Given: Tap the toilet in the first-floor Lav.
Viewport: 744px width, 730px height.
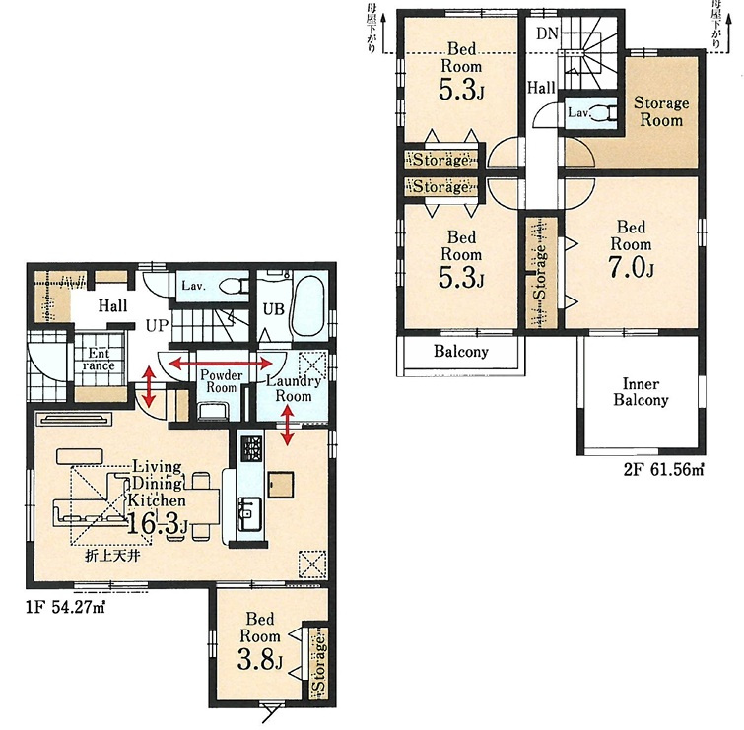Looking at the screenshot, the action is click(x=234, y=287).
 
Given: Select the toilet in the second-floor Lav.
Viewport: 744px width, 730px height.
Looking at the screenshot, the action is click(x=604, y=113).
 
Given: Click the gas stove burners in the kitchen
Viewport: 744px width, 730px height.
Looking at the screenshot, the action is click(x=250, y=448).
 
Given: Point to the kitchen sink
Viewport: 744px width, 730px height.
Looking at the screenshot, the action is click(x=249, y=513).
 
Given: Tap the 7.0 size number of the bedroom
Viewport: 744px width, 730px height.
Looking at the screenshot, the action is click(x=630, y=268).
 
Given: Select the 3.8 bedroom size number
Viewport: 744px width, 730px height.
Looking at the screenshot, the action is click(x=259, y=659).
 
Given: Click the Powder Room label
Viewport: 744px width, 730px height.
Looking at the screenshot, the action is click(x=221, y=381).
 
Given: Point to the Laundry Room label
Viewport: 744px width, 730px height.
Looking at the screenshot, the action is click(x=294, y=388).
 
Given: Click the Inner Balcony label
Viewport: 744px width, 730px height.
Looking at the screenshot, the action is click(x=641, y=392).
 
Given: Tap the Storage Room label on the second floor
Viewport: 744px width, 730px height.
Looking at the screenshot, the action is click(x=661, y=111).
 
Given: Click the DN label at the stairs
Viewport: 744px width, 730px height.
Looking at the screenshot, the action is click(x=547, y=33).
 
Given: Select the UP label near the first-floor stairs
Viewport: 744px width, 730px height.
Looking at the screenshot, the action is click(x=157, y=326).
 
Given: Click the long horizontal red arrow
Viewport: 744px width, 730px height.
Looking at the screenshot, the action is click(x=221, y=364).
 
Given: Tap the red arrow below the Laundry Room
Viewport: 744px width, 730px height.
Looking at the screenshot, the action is click(x=287, y=426).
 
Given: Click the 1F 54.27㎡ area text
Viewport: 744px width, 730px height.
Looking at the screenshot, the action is click(x=65, y=607).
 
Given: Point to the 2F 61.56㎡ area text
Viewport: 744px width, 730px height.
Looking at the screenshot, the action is click(x=663, y=470).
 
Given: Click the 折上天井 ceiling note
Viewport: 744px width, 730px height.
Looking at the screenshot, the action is click(x=113, y=556).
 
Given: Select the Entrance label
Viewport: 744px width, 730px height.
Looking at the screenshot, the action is click(x=99, y=359).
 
